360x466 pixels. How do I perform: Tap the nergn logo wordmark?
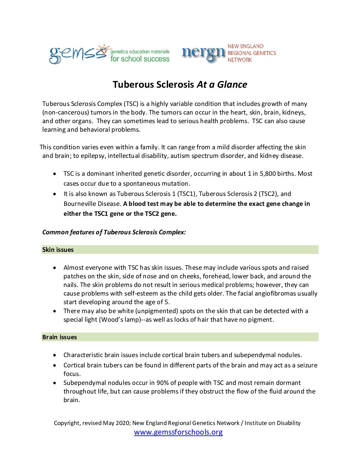203,53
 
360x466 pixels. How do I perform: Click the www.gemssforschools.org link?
178,432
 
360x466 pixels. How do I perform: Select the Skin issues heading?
58,250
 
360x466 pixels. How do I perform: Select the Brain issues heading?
60,337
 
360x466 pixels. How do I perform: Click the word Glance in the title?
232,85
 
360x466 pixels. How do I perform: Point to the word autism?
180,156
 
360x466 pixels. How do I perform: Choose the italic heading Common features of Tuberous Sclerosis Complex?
114,232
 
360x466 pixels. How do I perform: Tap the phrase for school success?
140,59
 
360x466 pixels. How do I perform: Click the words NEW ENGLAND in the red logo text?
246,46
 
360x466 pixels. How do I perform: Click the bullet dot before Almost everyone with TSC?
55,268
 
